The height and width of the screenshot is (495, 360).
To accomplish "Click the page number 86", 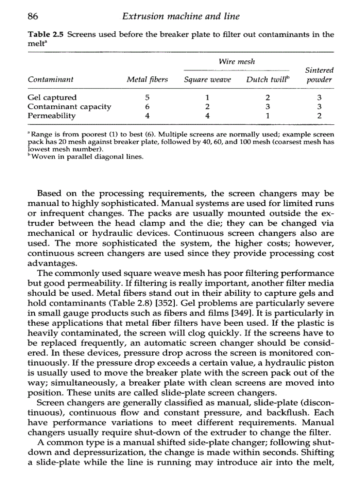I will pyautogui.click(x=33, y=17).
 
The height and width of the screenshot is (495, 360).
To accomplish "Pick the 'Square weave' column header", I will pyautogui.click(x=207, y=80).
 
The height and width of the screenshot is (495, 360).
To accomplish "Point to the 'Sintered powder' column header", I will pyautogui.click(x=319, y=75).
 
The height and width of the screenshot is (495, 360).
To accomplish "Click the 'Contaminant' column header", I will pyautogui.click(x=50, y=80).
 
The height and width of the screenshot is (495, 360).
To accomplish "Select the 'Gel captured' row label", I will pyautogui.click(x=52, y=97).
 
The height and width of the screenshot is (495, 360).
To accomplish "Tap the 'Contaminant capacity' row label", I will pyautogui.click(x=69, y=107).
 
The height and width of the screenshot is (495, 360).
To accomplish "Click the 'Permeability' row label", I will pyautogui.click(x=51, y=116).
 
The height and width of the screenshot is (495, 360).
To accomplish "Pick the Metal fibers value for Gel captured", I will pyautogui.click(x=147, y=97).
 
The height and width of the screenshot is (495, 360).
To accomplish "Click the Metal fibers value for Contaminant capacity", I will pyautogui.click(x=147, y=107).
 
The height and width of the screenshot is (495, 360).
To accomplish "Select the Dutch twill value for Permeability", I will pyautogui.click(x=267, y=116).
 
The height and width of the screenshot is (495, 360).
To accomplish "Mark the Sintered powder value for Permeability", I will pyautogui.click(x=319, y=116).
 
